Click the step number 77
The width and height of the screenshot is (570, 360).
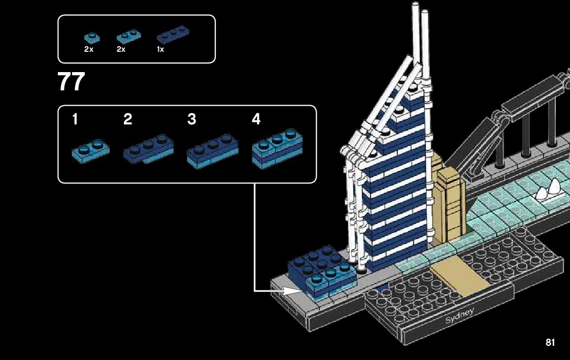pyautogui.click(x=71, y=82)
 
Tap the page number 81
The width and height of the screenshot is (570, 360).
pyautogui.click(x=550, y=343)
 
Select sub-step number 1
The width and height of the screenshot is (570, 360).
pyautogui.click(x=75, y=120)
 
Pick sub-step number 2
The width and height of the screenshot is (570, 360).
pyautogui.click(x=127, y=120)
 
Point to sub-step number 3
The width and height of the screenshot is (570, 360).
pyautogui.click(x=191, y=120)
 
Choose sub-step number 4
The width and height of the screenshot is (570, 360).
pyautogui.click(x=256, y=120)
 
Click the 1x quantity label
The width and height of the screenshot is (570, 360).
pyautogui.click(x=160, y=50)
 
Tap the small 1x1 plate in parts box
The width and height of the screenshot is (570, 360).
pyautogui.click(x=92, y=38)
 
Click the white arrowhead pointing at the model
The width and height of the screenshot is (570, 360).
pyautogui.click(x=292, y=291)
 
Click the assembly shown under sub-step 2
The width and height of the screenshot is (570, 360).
pyautogui.click(x=148, y=149)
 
